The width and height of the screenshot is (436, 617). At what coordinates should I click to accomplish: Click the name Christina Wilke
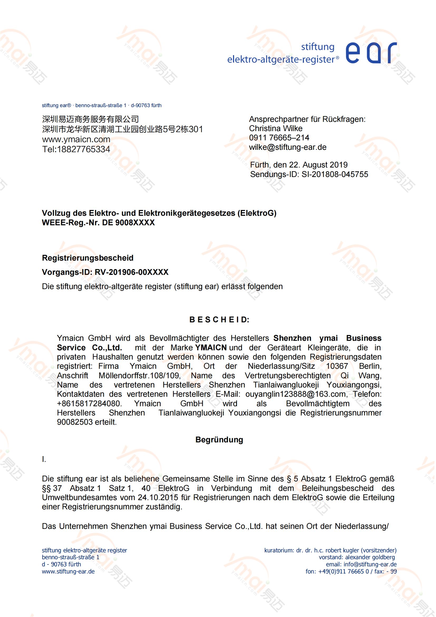275,128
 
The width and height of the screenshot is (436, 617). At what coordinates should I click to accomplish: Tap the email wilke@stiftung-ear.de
288,147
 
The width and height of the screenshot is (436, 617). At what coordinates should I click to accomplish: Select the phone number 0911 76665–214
279,138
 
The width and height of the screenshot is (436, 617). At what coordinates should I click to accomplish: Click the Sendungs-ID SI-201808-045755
335,174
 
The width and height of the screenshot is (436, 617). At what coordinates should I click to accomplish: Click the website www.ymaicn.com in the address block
76,140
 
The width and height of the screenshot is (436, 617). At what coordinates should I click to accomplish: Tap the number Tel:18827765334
76,149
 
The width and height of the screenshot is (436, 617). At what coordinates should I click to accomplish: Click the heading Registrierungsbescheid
88,258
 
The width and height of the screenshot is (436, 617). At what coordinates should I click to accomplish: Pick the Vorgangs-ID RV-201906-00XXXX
132,272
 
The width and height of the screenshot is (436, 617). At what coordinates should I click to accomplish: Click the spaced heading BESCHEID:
219,320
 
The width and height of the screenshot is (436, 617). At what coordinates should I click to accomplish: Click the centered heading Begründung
219,440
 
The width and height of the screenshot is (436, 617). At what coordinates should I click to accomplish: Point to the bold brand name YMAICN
211,348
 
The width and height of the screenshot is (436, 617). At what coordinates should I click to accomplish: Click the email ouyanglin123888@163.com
295,394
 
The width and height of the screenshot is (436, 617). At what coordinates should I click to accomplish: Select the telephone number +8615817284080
89,404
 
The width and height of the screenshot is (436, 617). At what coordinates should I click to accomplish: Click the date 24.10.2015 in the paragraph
158,498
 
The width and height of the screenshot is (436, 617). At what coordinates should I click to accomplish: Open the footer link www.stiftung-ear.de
68,572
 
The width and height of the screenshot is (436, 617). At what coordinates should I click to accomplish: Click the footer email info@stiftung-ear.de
370,564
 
